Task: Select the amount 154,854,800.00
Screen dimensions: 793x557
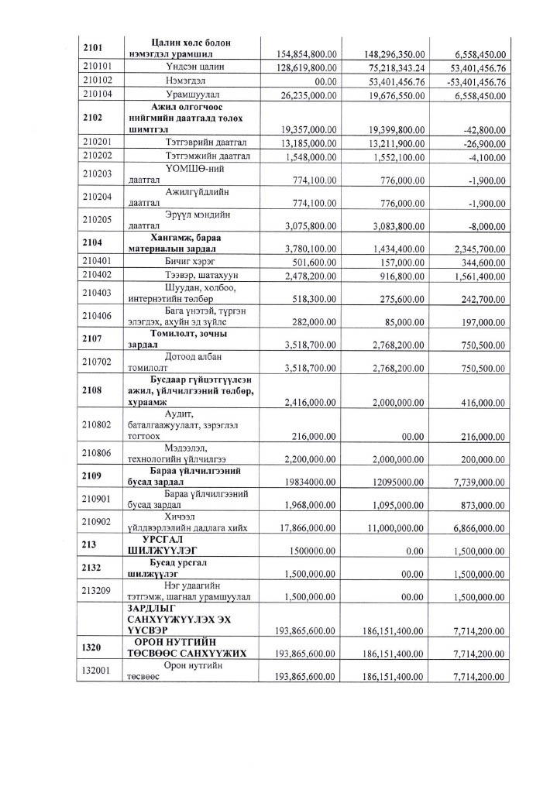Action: coord(307,54)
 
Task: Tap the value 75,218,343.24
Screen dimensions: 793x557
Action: coord(394,68)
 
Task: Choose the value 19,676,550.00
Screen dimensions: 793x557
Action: coord(394,95)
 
